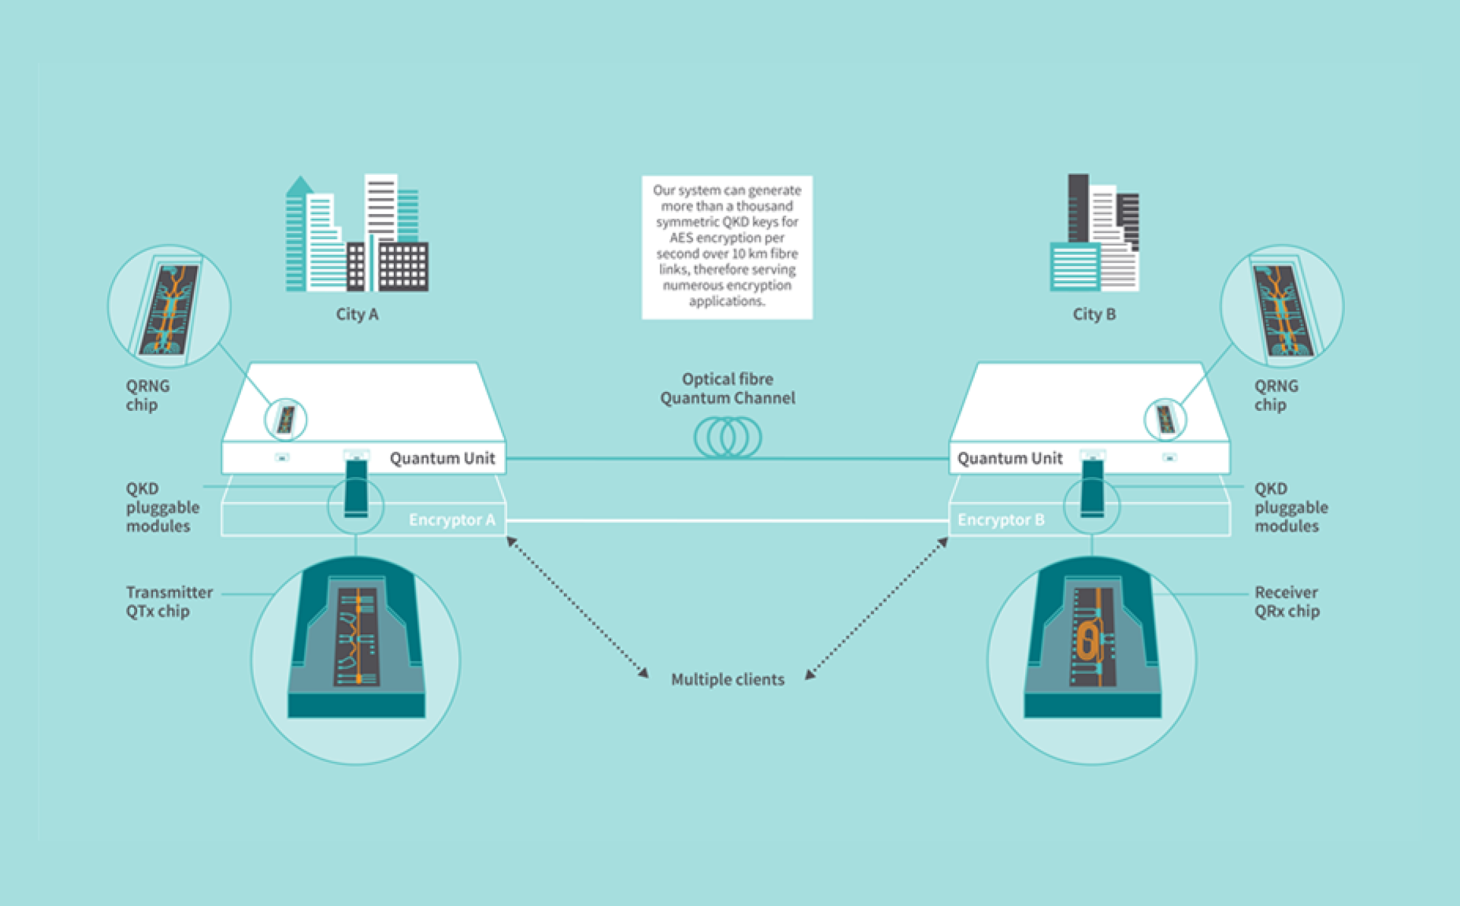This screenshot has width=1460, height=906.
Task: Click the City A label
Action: point(357,314)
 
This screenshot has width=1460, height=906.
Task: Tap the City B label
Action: point(1094,314)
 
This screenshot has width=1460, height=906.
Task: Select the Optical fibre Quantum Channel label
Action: point(727,388)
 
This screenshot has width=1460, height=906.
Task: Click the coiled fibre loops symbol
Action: point(727,437)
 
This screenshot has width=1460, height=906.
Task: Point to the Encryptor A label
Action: point(452,520)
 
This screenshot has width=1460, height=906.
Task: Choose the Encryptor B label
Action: point(1001,520)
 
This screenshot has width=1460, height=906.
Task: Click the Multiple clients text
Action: point(727,679)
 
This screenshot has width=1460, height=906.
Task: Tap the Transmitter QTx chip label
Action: point(169,601)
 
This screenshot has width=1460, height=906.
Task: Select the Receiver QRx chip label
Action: point(1286,601)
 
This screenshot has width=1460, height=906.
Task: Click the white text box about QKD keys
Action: point(727,247)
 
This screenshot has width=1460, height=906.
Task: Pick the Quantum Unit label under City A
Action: point(442,458)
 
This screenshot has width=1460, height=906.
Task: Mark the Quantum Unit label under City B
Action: point(1009,458)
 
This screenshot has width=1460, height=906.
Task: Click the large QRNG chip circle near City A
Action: point(169,306)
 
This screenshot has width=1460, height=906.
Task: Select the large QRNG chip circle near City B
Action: point(1282,306)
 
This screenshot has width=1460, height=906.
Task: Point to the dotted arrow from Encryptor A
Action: point(577,607)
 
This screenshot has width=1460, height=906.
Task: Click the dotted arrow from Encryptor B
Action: point(877,608)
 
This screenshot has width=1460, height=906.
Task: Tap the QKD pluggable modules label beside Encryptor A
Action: point(162,507)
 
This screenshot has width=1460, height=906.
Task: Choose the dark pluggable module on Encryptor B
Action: point(1092,488)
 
